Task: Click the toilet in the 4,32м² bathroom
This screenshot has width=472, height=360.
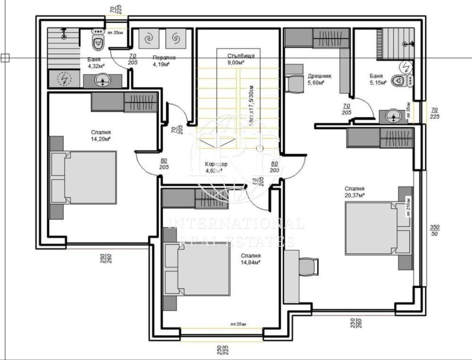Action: pyautogui.click(x=98, y=42)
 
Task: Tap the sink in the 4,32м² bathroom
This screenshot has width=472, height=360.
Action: pyautogui.click(x=101, y=81)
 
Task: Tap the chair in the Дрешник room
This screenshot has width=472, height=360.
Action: pyautogui.click(x=294, y=84)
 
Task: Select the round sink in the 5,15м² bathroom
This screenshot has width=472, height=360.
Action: pyautogui.click(x=392, y=116)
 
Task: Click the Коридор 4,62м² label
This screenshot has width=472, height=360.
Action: pyautogui.click(x=216, y=167)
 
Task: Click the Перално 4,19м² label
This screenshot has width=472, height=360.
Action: pyautogui.click(x=164, y=61)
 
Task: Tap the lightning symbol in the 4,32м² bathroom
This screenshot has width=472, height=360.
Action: pyautogui.click(x=63, y=79)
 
